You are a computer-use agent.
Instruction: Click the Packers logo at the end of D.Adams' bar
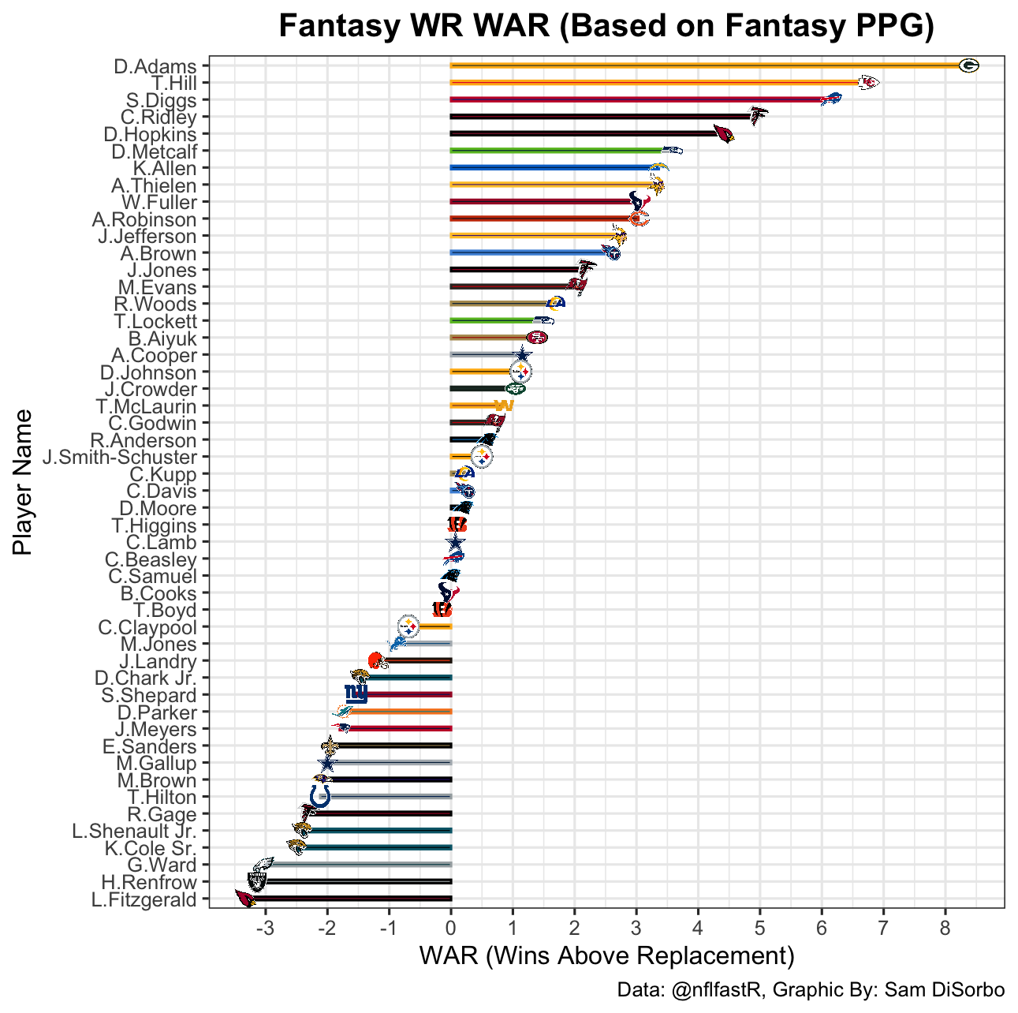pos(968,66)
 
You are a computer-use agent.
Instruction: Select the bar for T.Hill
pos(654,83)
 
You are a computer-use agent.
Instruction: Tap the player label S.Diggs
pos(162,100)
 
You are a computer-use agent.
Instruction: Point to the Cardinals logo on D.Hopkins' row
pos(723,134)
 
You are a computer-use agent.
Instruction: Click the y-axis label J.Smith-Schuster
pos(120,458)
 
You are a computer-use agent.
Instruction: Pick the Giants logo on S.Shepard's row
pos(356,694)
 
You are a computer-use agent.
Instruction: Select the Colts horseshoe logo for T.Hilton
pos(320,797)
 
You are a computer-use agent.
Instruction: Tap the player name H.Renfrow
pos(148,882)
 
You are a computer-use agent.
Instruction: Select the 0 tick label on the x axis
pos(451,925)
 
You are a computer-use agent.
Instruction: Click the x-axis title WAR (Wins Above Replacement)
pos(606,956)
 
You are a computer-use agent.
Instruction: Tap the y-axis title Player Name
pos(24,481)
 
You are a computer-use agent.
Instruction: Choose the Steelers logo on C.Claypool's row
pos(408,627)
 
